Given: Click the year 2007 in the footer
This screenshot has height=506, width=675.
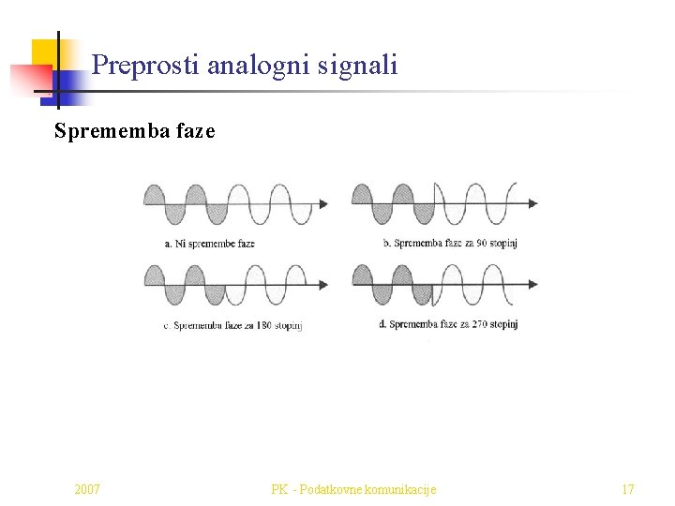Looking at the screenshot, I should [88, 489].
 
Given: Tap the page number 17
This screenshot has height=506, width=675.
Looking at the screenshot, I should [627, 489].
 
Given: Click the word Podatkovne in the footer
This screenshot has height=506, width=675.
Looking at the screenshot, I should [336, 489].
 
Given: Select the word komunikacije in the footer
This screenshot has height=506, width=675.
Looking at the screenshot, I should [404, 489].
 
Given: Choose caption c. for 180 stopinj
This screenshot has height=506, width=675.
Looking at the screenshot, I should [233, 325].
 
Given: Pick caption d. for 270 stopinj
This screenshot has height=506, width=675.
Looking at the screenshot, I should [449, 324].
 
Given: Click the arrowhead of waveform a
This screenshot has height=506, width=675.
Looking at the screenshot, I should [323, 203].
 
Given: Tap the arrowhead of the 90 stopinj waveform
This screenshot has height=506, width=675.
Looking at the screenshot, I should [533, 203].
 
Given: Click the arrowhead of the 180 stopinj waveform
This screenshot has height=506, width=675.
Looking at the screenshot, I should [323, 285].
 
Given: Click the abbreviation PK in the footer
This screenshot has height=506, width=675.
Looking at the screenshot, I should [278, 489].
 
